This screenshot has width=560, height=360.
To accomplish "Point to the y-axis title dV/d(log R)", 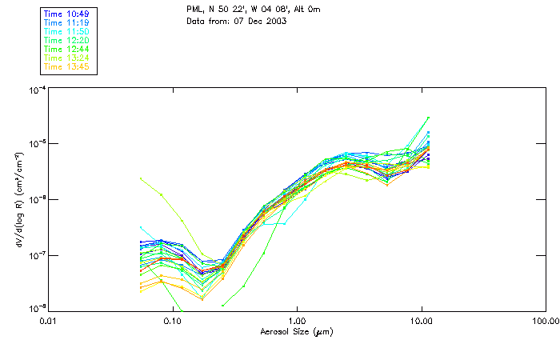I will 17,199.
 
